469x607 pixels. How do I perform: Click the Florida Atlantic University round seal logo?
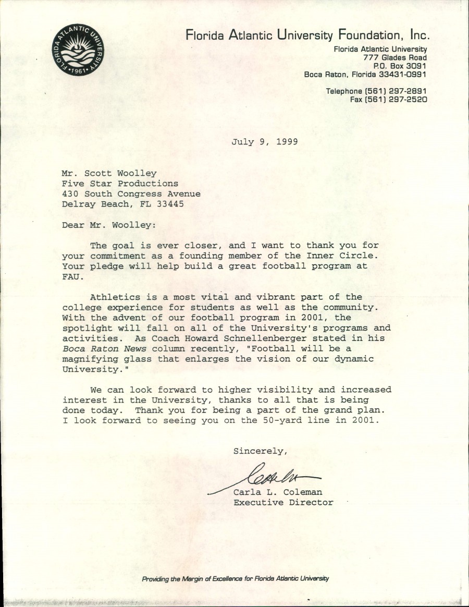click(x=78, y=50)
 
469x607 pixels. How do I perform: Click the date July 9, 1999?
click(x=265, y=142)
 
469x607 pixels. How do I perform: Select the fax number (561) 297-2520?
click(x=396, y=99)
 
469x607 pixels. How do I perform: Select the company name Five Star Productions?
click(x=120, y=184)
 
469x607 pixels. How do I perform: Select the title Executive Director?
click(x=283, y=503)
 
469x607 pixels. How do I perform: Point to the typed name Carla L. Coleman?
click(x=278, y=492)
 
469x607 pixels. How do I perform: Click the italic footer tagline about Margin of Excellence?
click(x=236, y=579)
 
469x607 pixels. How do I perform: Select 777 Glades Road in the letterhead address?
click(x=395, y=57)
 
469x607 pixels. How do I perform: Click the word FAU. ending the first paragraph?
click(x=71, y=276)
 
